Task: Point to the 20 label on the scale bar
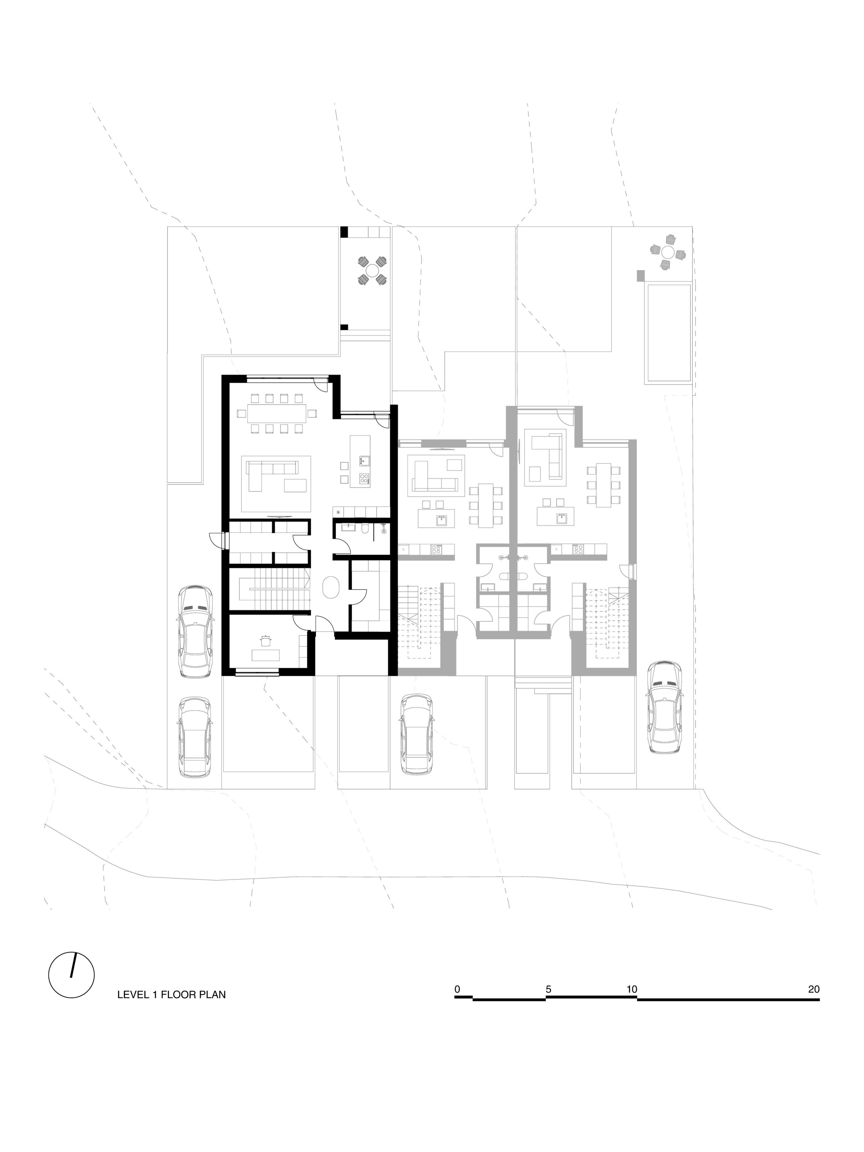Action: pyautogui.click(x=813, y=989)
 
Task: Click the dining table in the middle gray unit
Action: pyautogui.click(x=485, y=505)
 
